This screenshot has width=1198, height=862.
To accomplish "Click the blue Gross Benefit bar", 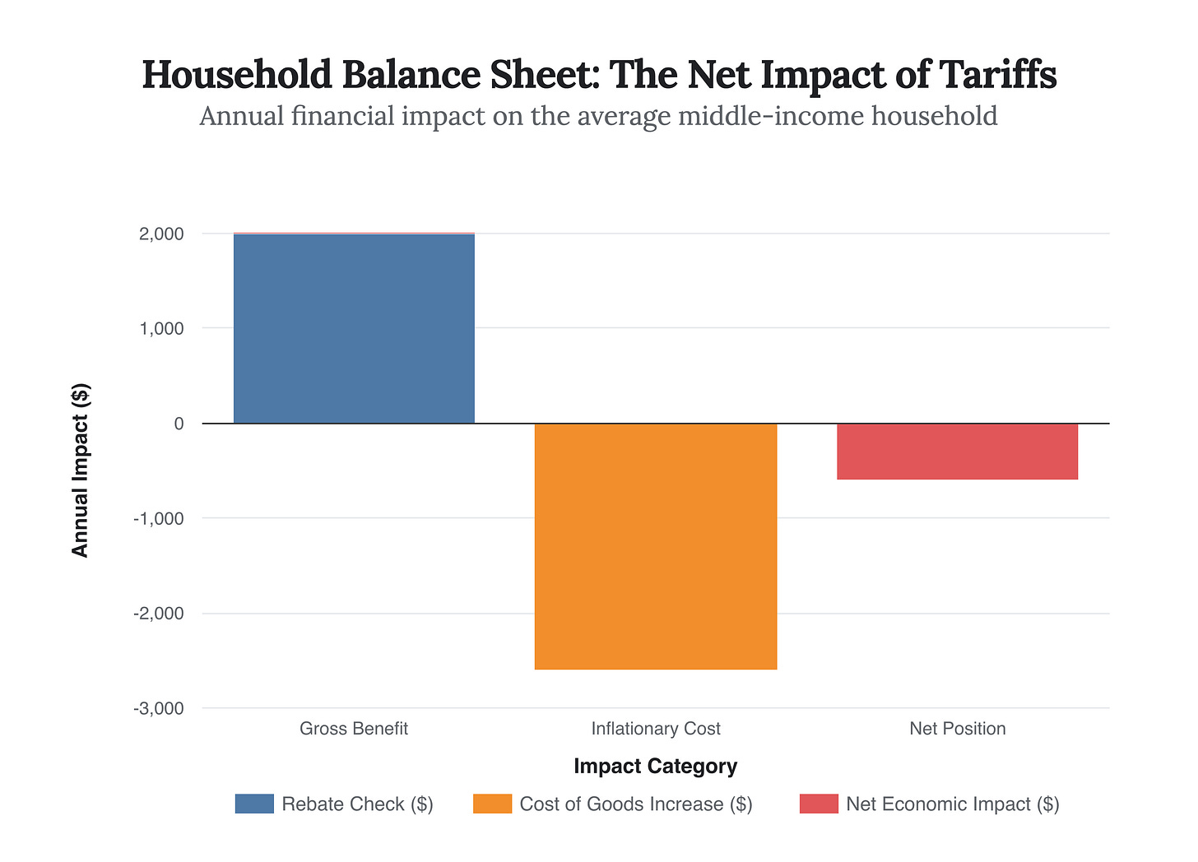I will pyautogui.click(x=354, y=328).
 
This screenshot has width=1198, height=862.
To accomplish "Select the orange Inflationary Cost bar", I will pyautogui.click(x=656, y=546).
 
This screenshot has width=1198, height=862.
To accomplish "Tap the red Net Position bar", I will pyautogui.click(x=957, y=452).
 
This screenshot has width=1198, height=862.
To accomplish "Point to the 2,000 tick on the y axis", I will pyautogui.click(x=161, y=234).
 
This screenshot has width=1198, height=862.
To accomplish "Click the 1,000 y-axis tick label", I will pyautogui.click(x=161, y=329).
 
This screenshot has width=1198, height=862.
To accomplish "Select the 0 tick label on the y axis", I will pyautogui.click(x=179, y=424).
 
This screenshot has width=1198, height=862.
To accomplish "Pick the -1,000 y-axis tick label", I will pyautogui.click(x=159, y=519).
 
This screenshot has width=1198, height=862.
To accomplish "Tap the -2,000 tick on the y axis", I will pyautogui.click(x=159, y=614).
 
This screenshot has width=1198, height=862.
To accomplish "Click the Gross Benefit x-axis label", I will pyautogui.click(x=354, y=729).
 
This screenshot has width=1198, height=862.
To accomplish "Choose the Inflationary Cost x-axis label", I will pyautogui.click(x=656, y=729).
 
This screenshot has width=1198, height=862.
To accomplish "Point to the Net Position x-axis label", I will pyautogui.click(x=957, y=729).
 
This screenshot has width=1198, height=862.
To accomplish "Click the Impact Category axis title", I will pyautogui.click(x=656, y=767).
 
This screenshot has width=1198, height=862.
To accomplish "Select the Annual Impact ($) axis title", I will pyautogui.click(x=80, y=470).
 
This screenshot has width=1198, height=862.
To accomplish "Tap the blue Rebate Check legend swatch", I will pyautogui.click(x=254, y=804).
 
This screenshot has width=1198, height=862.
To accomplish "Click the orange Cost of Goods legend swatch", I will pyautogui.click(x=492, y=804).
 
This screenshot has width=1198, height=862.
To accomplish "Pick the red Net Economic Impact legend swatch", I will pyautogui.click(x=819, y=804).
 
